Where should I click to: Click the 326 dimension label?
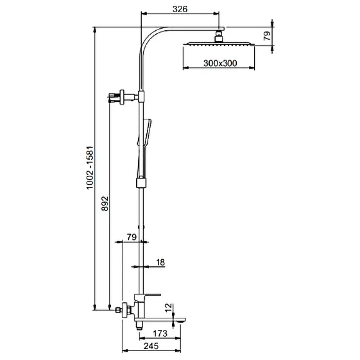pos(180,9)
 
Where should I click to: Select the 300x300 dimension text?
pos(220,63)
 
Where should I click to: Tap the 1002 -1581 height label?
pos(90,167)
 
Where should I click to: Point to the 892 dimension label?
pos(105,203)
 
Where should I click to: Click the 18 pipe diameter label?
pos(161,262)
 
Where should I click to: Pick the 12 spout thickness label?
pos(168,308)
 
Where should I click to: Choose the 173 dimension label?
pos(160,333)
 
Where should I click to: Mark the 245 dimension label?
pos(151,346)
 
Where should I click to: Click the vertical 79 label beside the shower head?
pos(267,36)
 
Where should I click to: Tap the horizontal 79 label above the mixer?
pos(132,237)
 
